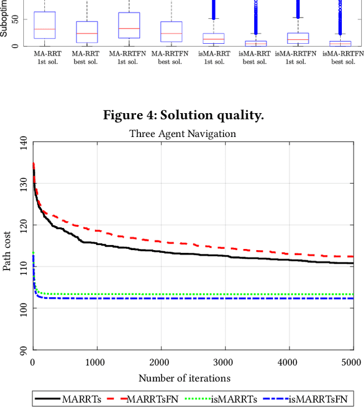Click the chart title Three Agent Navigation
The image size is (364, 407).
pos(182,134)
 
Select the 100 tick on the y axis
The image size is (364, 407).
pos(22,308)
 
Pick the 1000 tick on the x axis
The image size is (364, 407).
pos(97,362)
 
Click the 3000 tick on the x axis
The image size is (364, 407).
pos(225,362)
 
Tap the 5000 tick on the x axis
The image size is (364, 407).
pos(353,362)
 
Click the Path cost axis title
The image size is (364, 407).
pos(7,245)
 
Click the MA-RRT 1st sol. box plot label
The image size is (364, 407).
pos(44,57)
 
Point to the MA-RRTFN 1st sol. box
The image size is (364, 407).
pos(129,25)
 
